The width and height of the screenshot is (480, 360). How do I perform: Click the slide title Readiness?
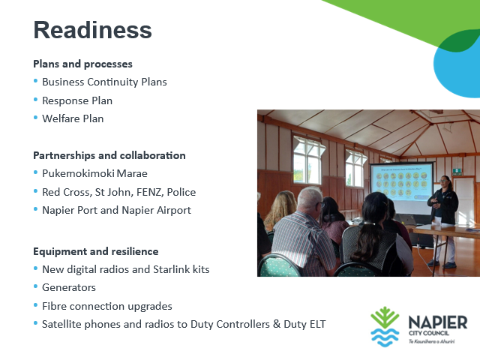pyautogui.click(x=92, y=30)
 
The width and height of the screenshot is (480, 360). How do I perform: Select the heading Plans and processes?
pyautogui.click(x=82, y=64)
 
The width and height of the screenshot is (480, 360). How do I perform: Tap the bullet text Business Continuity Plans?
pyautogui.click(x=104, y=82)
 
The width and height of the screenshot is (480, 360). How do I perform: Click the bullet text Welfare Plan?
pyautogui.click(x=73, y=118)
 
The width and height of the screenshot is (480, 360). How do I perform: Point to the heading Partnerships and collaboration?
pyautogui.click(x=109, y=155)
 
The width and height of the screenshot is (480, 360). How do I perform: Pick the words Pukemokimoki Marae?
pyautogui.click(x=94, y=173)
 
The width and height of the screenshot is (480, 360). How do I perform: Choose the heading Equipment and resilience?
pyautogui.click(x=96, y=252)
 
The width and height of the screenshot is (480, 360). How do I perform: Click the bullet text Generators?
pyautogui.click(x=69, y=287)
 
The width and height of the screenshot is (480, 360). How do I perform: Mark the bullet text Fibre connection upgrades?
pyautogui.click(x=107, y=306)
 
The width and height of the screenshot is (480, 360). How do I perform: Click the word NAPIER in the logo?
pyautogui.click(x=438, y=322)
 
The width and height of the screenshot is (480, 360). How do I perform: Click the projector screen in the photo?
pyautogui.click(x=401, y=187)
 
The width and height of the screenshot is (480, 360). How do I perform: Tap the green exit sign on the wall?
pyautogui.click(x=457, y=172)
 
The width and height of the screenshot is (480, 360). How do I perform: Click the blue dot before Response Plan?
pyautogui.click(x=35, y=100)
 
